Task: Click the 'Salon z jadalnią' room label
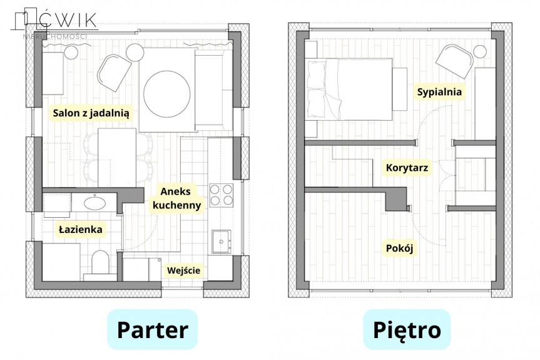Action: (x=91, y=113)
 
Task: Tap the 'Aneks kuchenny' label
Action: (x=176, y=198)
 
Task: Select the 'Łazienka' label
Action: (x=81, y=229)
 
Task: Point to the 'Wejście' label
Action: (x=183, y=270)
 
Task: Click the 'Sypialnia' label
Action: (x=439, y=92)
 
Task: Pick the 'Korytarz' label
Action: (x=407, y=168)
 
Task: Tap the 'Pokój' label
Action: (x=399, y=248)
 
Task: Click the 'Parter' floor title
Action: (x=152, y=330)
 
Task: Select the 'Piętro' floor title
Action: (x=407, y=330)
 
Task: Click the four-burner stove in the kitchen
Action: (x=222, y=195)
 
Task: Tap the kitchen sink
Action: (x=222, y=242)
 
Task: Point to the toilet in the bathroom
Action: (x=101, y=263)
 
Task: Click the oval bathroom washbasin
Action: (x=94, y=203)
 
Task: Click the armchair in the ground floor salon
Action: (x=115, y=73)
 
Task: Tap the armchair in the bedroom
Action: (x=454, y=61)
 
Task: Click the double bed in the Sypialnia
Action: (x=350, y=90)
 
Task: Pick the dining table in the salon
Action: (x=117, y=158)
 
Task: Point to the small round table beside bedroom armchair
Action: (x=480, y=52)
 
